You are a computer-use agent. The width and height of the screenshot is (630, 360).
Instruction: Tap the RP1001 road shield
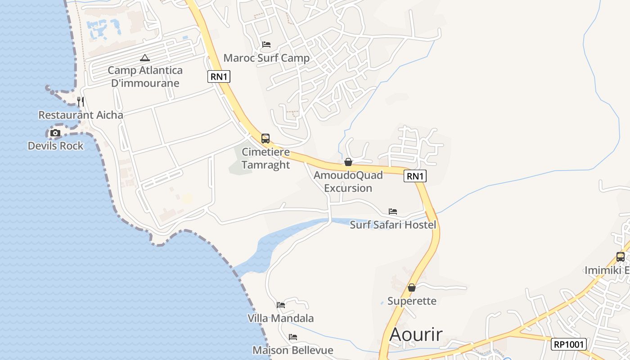click(x=569, y=344)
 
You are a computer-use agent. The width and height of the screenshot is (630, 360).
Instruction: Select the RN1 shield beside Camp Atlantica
click(x=219, y=76)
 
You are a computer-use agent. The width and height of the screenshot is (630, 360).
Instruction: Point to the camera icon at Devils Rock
click(x=55, y=133)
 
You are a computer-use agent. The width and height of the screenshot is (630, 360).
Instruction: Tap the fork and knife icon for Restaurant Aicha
click(x=81, y=102)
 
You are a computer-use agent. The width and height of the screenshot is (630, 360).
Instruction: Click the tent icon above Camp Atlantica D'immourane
click(x=144, y=58)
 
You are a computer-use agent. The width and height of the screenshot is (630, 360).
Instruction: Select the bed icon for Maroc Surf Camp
click(x=266, y=45)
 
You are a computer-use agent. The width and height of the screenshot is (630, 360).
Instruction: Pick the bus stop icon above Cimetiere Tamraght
click(x=265, y=139)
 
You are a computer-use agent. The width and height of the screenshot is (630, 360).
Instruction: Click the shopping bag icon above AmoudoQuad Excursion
click(x=348, y=162)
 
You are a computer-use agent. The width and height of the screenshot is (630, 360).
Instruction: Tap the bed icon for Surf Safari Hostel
click(x=393, y=211)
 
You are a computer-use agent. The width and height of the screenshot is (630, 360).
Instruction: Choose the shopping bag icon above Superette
click(x=411, y=288)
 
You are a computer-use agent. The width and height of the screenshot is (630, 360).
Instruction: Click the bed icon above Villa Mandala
click(x=281, y=305)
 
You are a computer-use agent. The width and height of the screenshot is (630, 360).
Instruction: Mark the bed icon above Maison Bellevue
click(x=293, y=337)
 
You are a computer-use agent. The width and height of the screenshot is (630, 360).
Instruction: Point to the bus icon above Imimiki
click(x=621, y=257)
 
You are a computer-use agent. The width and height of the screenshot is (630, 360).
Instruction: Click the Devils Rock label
click(x=56, y=146)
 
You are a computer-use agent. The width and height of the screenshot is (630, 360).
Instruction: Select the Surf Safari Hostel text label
click(x=393, y=225)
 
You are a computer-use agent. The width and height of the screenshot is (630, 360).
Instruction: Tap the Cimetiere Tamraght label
click(x=265, y=158)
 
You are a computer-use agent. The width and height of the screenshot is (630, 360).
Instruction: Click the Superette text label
click(x=412, y=301)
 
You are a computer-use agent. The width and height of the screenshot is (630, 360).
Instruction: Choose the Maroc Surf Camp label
click(x=266, y=58)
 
